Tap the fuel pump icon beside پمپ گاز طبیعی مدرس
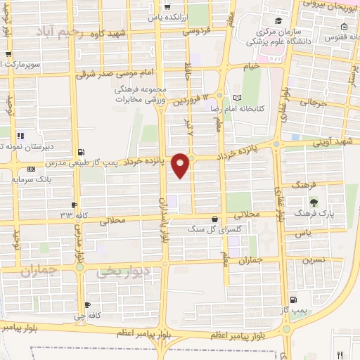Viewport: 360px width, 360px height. coord(82,152)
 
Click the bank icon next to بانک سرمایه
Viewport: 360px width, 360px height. coord(30,169)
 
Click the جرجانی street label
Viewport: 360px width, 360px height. coord(315,102)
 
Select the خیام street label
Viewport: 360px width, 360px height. coord(250,65)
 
